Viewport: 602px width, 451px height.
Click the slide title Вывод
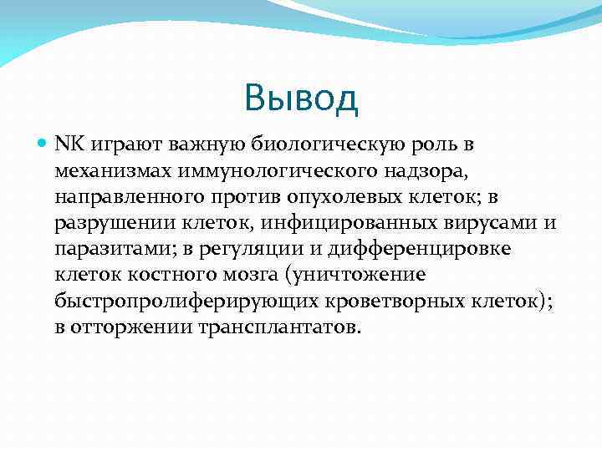point(301,99)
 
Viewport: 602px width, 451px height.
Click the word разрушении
point(114,223)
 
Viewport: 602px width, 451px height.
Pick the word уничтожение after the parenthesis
point(355,275)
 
